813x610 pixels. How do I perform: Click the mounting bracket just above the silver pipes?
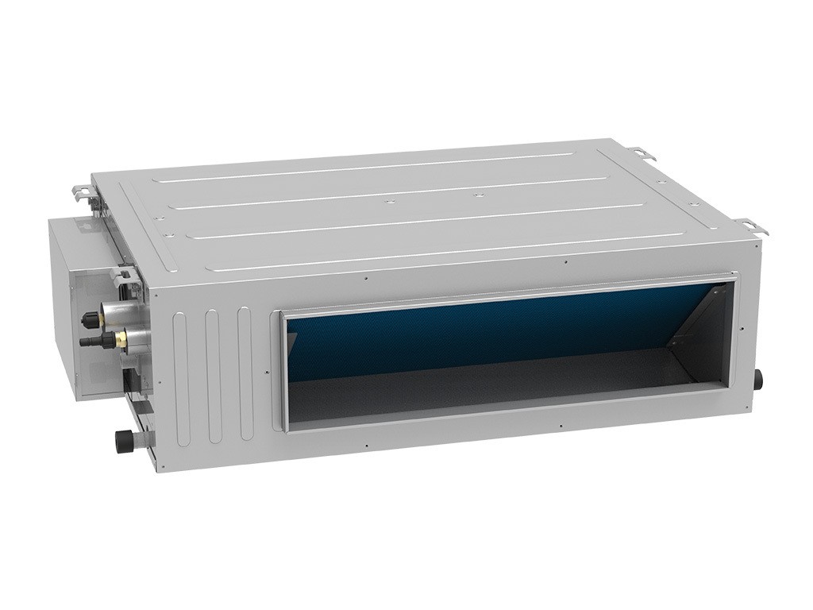coord(127,278)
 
